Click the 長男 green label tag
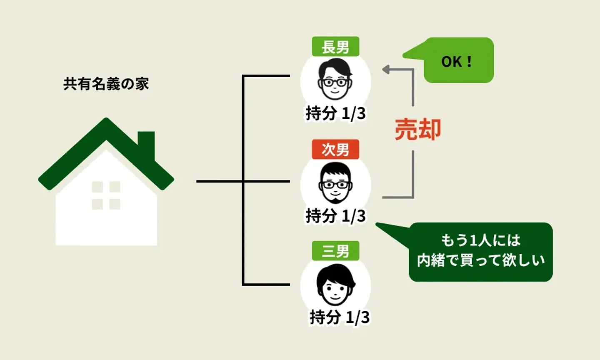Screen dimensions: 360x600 click(x=335, y=47)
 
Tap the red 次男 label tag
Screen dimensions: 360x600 click(x=335, y=149)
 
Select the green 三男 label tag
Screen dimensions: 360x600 click(x=335, y=251)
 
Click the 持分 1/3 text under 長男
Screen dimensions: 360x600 click(x=335, y=113)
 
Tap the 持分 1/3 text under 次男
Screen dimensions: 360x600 click(x=335, y=216)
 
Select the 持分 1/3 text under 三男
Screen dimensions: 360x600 click(x=339, y=317)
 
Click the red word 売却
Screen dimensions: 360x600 click(x=417, y=129)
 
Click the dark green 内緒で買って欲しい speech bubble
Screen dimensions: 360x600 click(x=480, y=251)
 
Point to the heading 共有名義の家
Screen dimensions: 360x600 click(x=106, y=84)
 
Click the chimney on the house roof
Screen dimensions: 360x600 click(x=146, y=142)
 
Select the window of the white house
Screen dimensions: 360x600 click(x=106, y=195)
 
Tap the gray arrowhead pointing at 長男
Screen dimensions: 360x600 click(x=386, y=70)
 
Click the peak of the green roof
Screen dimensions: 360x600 click(x=106, y=122)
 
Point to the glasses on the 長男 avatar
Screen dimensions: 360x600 click(x=335, y=82)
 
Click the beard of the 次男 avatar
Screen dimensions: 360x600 click(x=335, y=196)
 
